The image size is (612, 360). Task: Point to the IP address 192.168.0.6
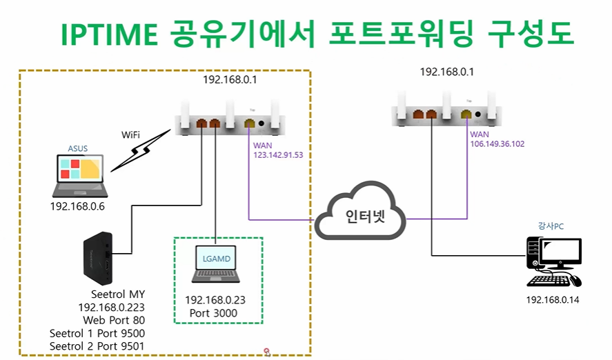click(78, 206)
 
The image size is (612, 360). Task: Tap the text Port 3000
click(213, 314)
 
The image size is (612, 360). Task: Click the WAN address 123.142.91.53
click(278, 155)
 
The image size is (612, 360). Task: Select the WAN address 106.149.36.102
click(497, 144)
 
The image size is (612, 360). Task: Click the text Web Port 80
click(114, 321)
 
